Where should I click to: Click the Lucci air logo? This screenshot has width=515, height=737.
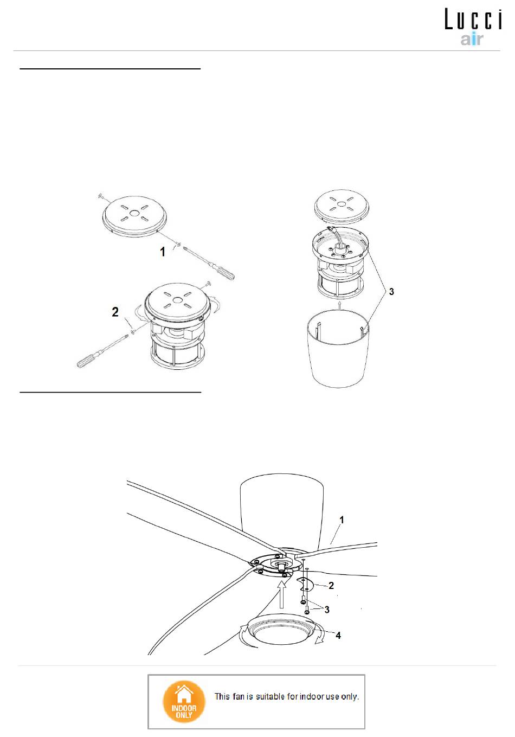(x=473, y=27)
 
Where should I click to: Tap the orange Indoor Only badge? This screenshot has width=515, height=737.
(x=184, y=702)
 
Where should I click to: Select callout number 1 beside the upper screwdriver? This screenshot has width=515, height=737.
(x=163, y=252)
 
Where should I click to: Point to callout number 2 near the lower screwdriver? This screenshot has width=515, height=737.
(x=115, y=312)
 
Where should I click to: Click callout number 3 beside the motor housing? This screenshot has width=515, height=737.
(x=391, y=292)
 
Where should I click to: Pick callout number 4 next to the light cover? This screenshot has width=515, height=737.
(x=338, y=636)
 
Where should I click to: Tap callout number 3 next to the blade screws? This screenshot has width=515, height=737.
(x=327, y=610)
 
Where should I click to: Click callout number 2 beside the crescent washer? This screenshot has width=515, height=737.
(x=331, y=585)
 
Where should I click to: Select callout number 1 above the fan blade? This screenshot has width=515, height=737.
(x=342, y=520)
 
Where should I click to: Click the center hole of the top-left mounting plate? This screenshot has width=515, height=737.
(x=134, y=214)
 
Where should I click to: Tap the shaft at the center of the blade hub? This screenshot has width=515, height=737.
(x=282, y=567)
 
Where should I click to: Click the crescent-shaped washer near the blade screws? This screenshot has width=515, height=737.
(x=305, y=584)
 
